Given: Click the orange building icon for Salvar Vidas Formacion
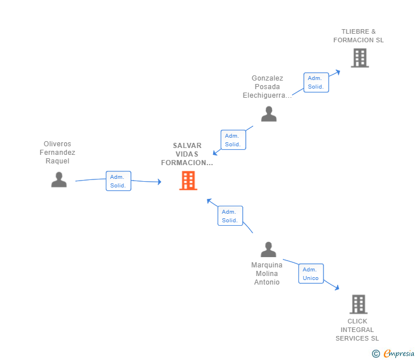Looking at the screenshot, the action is point(188,181).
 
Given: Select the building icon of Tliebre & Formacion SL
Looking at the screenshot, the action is point(360,58).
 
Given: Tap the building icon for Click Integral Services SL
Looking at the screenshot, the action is point(358,305).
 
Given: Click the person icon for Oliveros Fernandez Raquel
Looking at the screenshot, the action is point(59,179).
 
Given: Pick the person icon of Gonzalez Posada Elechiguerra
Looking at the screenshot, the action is point(269,114).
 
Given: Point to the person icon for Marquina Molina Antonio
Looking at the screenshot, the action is point(268,249).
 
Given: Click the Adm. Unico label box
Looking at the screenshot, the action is point(311,274).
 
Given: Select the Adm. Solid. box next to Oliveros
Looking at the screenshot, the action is point(118,181).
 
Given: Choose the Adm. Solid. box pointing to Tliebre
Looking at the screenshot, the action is point(316,82).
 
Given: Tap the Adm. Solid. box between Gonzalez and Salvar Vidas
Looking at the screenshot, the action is point(233,140).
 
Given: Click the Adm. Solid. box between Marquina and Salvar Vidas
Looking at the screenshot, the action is point(230,215).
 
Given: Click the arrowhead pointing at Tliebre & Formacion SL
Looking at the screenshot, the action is point(338,72).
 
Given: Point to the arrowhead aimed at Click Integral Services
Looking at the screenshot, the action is point(337,287).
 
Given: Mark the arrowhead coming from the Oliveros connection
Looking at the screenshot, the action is point(159,182).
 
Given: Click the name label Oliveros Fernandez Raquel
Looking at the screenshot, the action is point(57,152).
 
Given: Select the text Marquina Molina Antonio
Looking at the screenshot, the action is point(267,274).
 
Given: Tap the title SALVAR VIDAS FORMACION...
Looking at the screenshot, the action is point(187,154).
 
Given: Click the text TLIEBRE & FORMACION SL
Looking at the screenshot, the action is point(358,36).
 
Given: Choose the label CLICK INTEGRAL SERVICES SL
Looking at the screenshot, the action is point(357,330).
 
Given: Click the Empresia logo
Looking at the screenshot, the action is point(393,354).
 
